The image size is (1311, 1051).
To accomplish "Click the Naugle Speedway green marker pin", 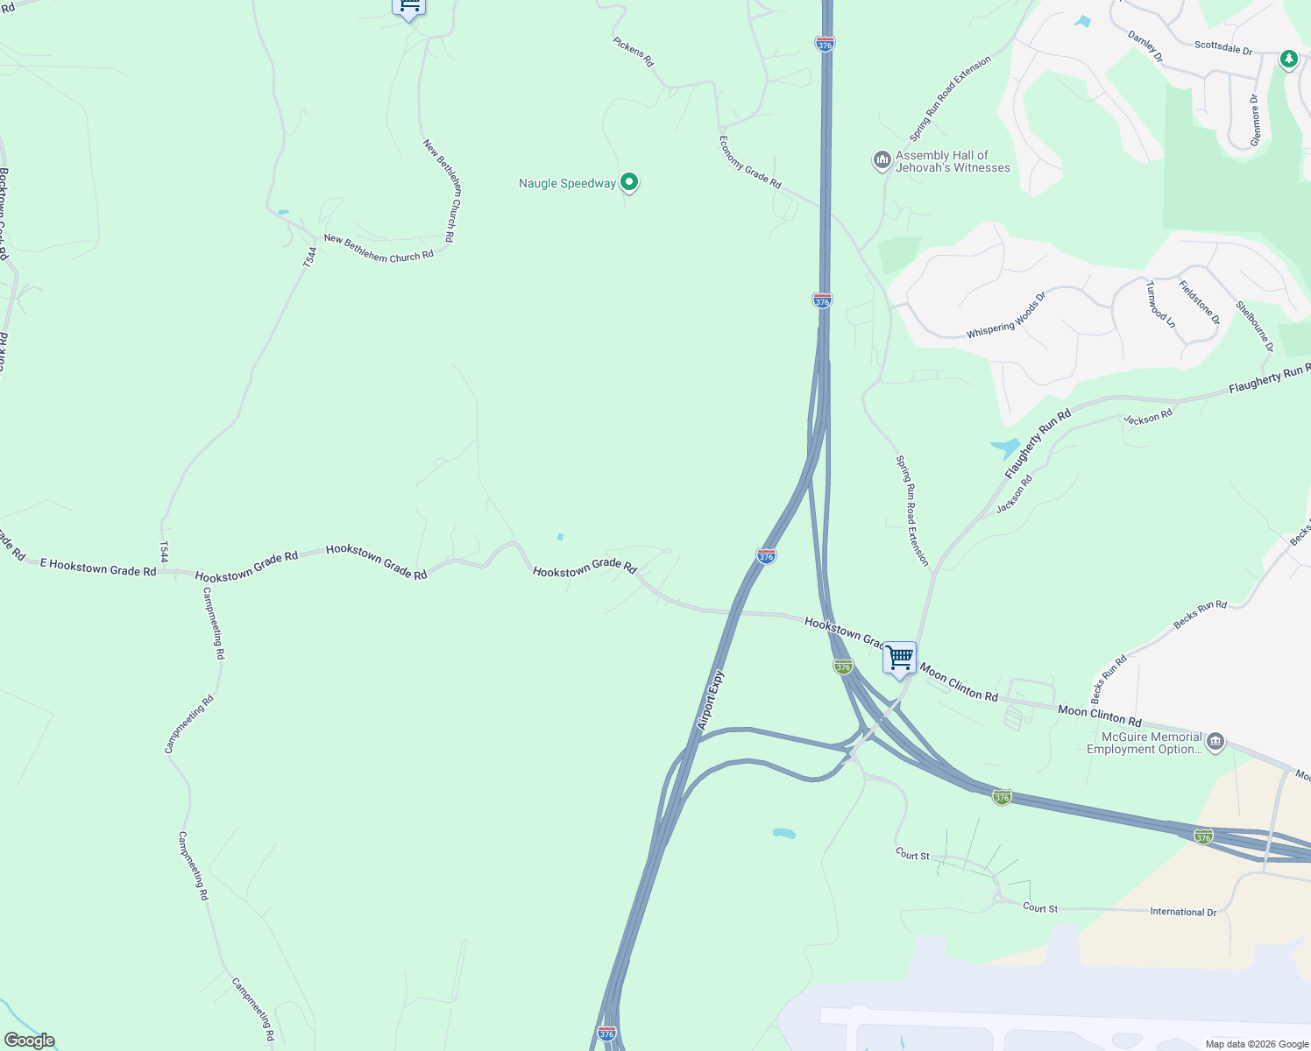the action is tap(628, 182).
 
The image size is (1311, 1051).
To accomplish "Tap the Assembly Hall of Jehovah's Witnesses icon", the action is tap(882, 161).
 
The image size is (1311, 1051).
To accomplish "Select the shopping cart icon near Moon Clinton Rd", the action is tap(899, 658).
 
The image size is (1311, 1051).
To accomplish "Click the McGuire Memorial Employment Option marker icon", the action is tap(1215, 743).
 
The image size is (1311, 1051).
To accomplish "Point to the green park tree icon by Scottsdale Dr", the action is tap(1288, 60).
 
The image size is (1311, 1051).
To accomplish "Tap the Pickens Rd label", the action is tap(633, 52).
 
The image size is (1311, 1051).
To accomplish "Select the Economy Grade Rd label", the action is tap(749, 162).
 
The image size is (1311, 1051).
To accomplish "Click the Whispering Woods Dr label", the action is tap(1006, 316).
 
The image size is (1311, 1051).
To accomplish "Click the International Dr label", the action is tap(1183, 912).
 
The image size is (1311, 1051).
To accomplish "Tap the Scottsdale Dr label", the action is tap(1223, 47).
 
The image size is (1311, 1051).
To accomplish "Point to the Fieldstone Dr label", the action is tap(1199, 302).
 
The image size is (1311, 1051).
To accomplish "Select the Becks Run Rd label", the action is tap(1200, 615).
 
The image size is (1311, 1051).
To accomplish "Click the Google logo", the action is tap(30, 1040).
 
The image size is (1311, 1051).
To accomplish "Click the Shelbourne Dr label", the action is tap(1255, 326).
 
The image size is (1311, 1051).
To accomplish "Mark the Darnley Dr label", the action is tap(1144, 46).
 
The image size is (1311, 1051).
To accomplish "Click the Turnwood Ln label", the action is tap(1160, 303).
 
